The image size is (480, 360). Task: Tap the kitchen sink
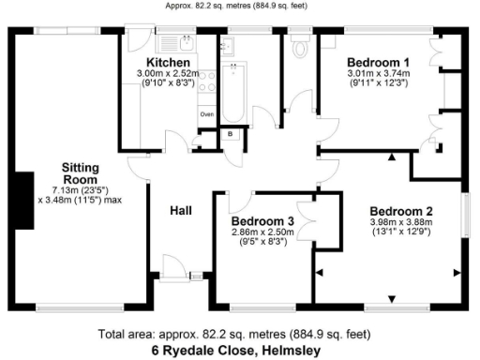182,41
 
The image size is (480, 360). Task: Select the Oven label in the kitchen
206,114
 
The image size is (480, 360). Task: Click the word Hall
181,211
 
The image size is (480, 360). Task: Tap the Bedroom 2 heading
400,210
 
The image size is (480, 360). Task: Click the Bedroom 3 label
263,221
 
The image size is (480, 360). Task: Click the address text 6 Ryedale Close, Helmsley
239,351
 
